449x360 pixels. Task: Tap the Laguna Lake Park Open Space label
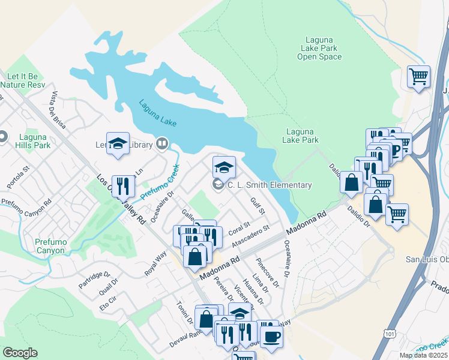coord(319,49)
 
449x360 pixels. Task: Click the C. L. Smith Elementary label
coord(270,185)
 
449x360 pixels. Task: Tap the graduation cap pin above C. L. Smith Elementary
coord(224,167)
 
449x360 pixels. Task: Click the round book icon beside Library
coord(161,143)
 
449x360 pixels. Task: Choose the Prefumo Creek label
coord(160,182)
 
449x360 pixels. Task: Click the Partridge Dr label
coord(94,280)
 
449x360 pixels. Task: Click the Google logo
coord(20,353)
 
